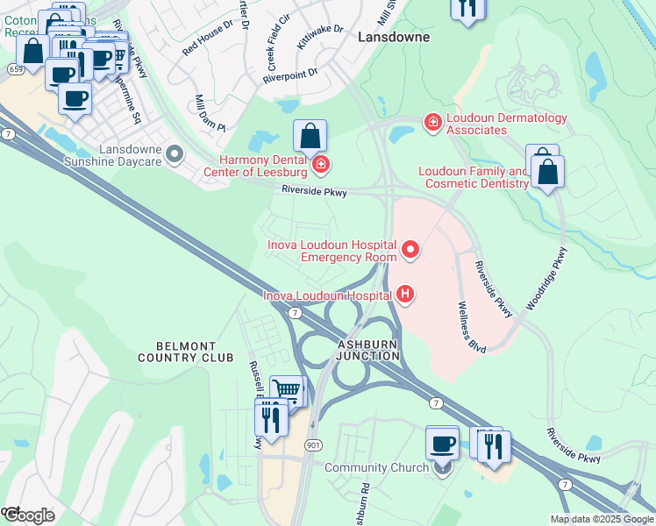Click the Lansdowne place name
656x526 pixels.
395,38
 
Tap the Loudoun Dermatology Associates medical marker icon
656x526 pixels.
431,123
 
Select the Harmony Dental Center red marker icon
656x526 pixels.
321,164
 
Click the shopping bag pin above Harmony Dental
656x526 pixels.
310,137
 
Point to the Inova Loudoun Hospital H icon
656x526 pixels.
404,295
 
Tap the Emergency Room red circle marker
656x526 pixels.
410,252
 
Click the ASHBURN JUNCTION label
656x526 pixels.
368,351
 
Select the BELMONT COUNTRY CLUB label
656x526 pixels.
186,352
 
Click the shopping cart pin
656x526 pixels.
286,390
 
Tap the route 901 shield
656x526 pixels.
313,445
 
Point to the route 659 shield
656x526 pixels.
16,68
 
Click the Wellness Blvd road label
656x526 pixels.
472,323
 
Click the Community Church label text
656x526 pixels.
376,467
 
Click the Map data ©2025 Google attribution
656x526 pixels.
602,519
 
